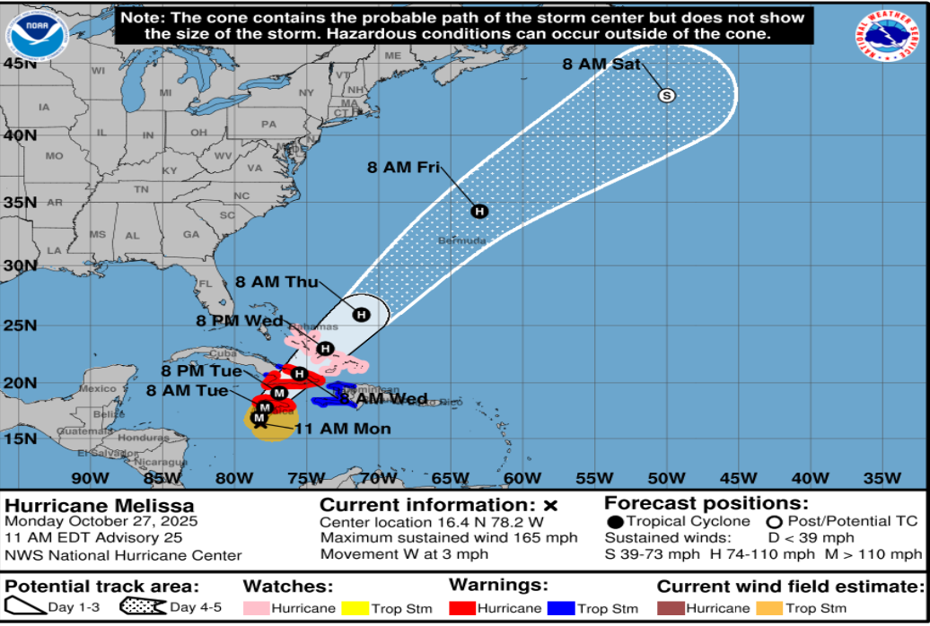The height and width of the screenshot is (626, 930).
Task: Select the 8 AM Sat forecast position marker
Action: click(666, 95)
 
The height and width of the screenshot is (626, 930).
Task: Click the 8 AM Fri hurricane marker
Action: click(479, 211)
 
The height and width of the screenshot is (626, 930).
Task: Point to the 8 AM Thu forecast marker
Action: click(361, 314)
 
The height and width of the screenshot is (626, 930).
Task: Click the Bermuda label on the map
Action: click(462, 240)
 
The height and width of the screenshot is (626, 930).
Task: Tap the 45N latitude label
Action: click(19, 63)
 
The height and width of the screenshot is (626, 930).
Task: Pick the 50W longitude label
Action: click(666, 476)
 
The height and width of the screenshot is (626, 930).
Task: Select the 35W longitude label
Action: click(882, 476)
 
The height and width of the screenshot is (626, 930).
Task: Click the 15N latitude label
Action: click(19, 438)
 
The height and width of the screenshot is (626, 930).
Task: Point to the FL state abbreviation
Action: click(204, 284)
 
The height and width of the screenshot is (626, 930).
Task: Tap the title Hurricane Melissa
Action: click(99, 507)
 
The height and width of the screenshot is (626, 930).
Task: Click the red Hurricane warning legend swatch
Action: click(463, 609)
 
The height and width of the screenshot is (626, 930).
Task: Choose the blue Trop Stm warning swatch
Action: click(559, 609)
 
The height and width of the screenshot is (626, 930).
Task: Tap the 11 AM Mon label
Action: click(342, 429)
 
